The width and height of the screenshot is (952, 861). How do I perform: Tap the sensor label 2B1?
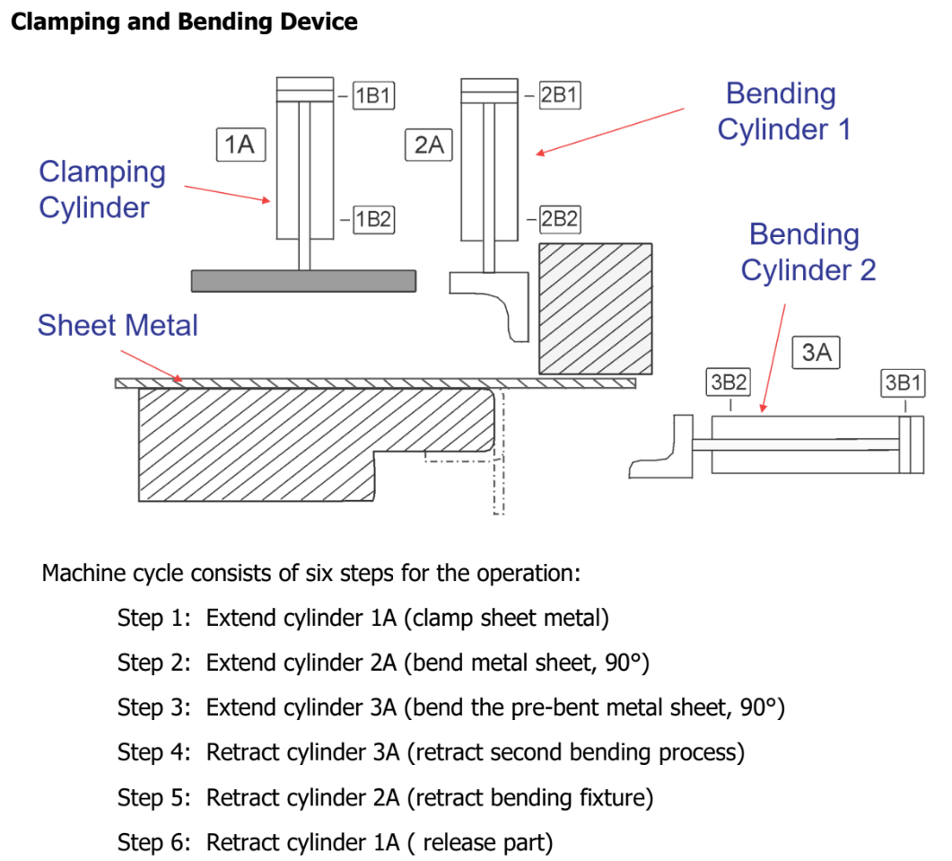560,95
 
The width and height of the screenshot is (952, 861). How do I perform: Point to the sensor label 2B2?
560,218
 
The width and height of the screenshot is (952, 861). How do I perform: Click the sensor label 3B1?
903,382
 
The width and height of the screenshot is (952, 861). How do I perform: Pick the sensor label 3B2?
729,382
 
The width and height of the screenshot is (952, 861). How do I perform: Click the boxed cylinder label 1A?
240,144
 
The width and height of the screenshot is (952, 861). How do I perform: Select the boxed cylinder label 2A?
430,144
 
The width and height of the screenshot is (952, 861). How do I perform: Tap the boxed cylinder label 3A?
817,352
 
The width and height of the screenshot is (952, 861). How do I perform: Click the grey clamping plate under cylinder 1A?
303,281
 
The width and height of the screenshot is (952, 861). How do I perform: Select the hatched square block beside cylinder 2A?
595,308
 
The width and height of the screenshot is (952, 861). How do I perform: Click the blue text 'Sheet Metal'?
118,325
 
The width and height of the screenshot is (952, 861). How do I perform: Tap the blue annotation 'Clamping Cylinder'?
102,189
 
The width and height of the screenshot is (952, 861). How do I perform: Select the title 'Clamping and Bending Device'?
184,22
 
